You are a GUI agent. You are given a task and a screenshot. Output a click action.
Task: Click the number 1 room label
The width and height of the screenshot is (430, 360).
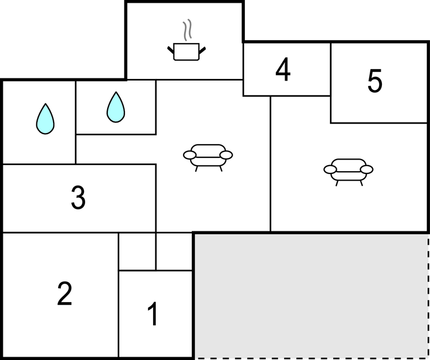coord(153,314)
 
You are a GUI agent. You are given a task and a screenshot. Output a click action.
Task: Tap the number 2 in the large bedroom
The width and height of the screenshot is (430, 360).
coord(65,293)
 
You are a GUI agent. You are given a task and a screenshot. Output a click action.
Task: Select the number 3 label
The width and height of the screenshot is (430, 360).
coord(78,198)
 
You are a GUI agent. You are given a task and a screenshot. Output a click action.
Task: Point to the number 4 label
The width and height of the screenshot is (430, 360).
coord(283,70)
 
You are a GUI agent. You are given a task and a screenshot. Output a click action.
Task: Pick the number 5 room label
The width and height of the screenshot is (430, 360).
coord(375,81)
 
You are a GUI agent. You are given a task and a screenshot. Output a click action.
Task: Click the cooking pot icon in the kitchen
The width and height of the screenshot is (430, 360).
coord(186,52)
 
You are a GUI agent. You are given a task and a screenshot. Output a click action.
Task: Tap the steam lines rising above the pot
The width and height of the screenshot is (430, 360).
coord(187,30)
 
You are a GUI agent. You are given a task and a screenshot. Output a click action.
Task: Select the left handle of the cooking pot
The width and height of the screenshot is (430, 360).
coord(171,50)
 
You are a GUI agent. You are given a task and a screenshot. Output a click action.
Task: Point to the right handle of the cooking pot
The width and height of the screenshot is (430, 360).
coord(202,50)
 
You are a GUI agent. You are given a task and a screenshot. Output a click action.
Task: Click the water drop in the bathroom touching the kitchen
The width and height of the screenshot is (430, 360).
coord(116,107)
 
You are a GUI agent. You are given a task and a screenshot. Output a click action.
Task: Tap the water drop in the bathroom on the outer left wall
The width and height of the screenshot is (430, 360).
coord(45,119)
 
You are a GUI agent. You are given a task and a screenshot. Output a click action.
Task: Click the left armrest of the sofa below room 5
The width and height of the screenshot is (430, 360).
coord(330,170)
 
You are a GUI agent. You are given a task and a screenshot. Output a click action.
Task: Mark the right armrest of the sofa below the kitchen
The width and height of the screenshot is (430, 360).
coord(226,155)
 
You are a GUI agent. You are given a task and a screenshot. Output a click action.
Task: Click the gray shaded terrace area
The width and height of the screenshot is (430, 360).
coord(311,296)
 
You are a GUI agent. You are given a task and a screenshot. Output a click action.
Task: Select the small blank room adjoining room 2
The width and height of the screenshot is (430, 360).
coord(137,252)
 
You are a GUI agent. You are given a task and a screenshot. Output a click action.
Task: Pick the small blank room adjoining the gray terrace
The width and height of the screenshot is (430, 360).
coord(174,252)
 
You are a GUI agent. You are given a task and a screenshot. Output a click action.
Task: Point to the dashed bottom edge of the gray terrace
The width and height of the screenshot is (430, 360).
coord(312,358)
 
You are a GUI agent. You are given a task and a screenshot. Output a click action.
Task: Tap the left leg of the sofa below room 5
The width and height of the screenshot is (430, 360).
coord(337,183)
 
